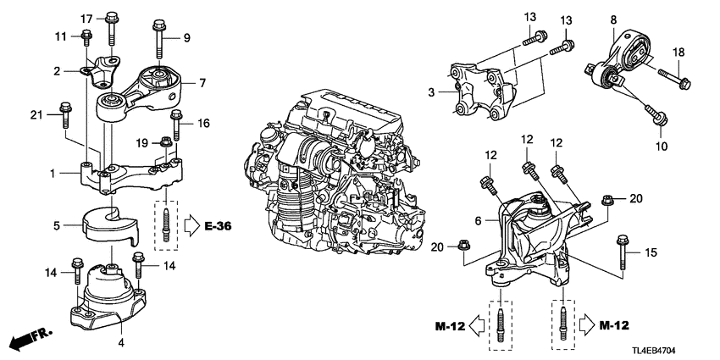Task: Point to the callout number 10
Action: coord(662,146)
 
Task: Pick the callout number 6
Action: coord(479,219)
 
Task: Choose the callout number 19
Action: coord(143,142)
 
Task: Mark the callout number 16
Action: coord(202,123)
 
